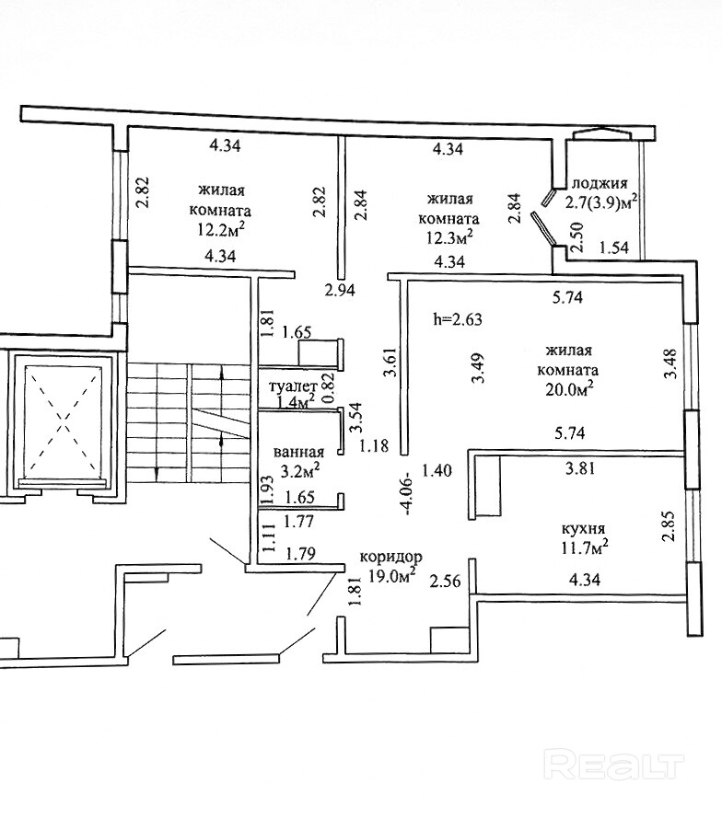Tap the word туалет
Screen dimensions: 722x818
tap(293, 387)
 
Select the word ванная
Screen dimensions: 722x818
tap(299, 452)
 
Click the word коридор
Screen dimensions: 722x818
tap(390, 557)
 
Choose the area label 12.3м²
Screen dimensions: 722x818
tap(450, 237)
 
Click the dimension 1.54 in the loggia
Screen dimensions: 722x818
tap(614, 248)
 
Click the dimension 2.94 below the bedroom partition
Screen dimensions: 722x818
tap(341, 292)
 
